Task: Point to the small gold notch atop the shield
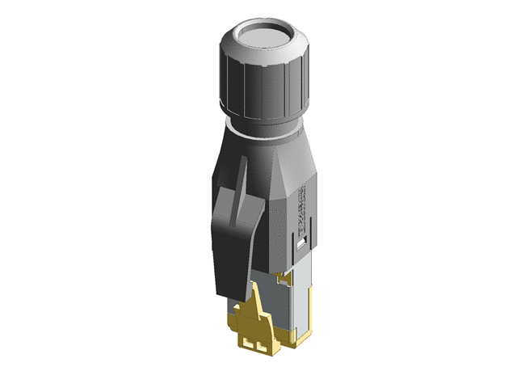pyautogui.click(x=282, y=279)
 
